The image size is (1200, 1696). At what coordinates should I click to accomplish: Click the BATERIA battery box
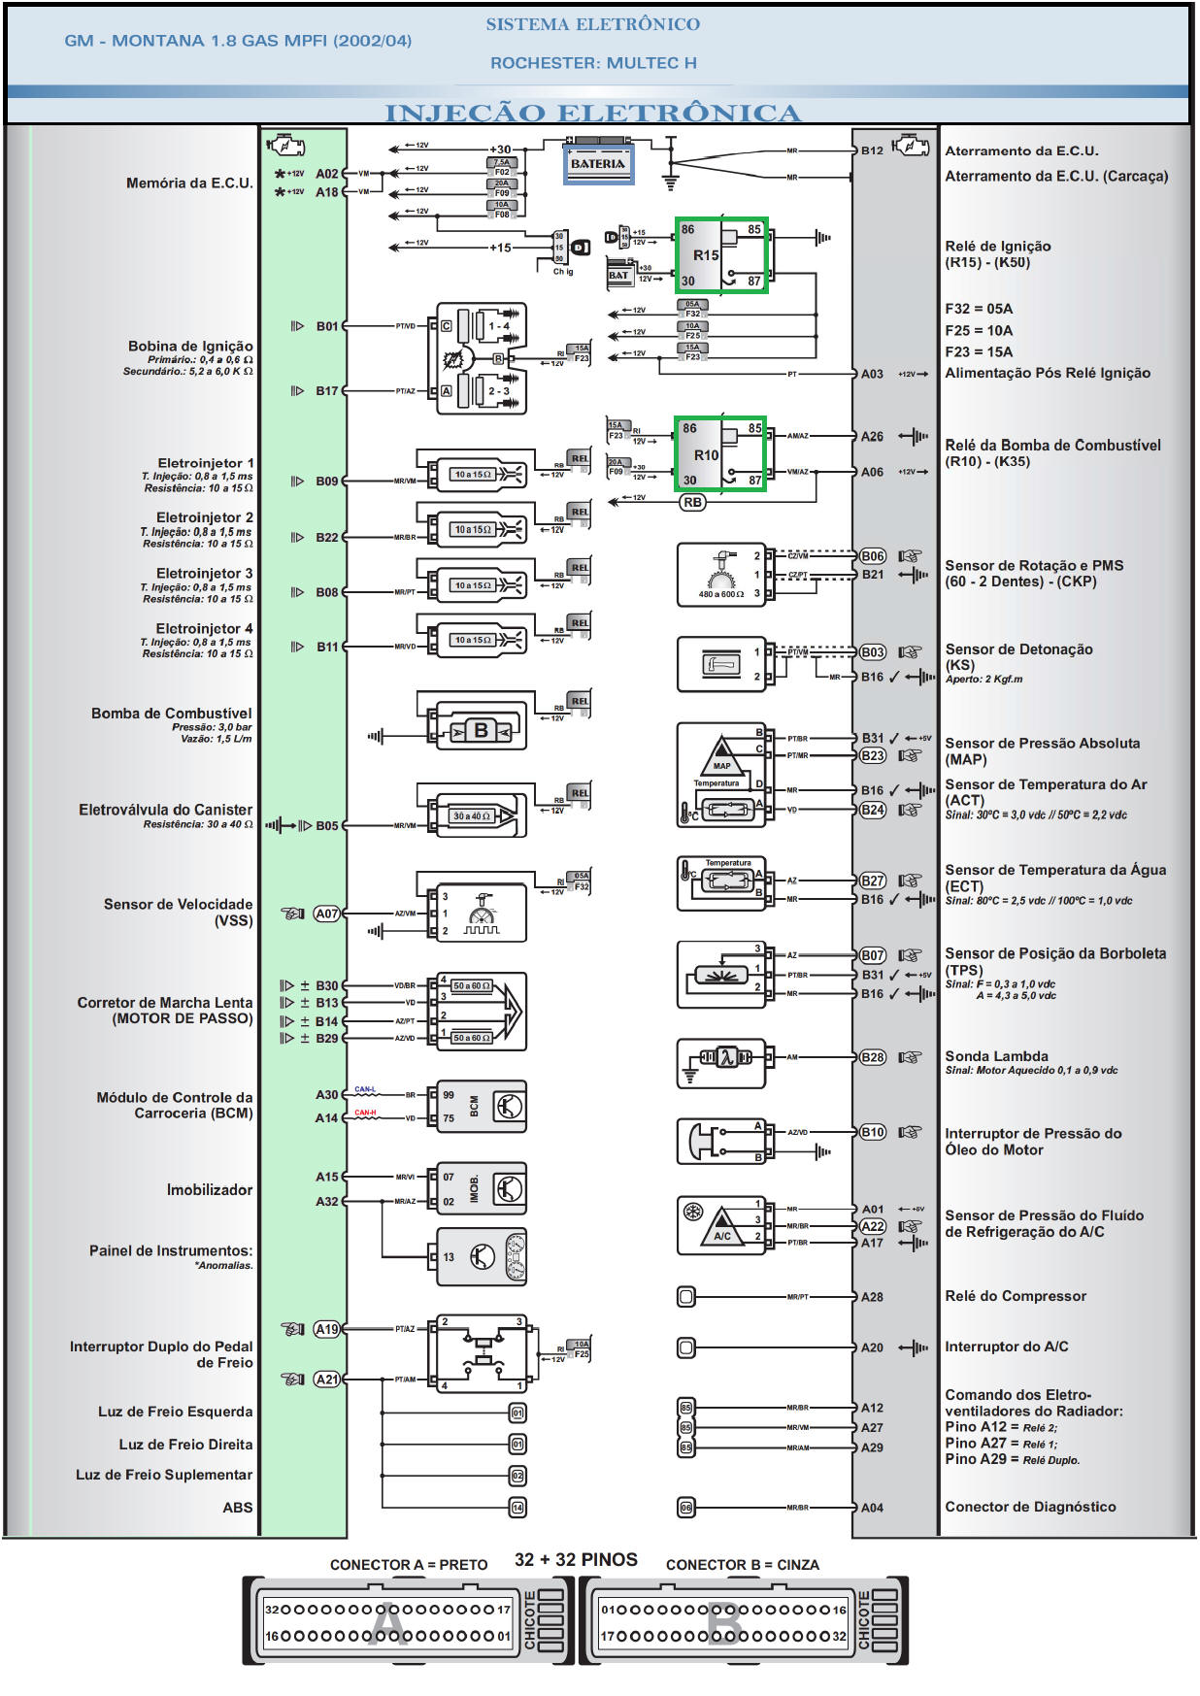[x=598, y=164]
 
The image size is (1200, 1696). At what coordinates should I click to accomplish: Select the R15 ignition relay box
[x=721, y=255]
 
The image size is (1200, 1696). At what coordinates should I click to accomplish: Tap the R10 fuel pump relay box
[x=719, y=454]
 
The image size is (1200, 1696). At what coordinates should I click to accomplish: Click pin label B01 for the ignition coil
[x=327, y=326]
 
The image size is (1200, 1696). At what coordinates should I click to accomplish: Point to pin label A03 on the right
[x=872, y=374]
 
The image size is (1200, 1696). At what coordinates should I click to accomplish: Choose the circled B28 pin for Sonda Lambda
[x=872, y=1057]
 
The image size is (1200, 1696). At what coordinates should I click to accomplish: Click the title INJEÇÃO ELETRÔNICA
[x=592, y=113]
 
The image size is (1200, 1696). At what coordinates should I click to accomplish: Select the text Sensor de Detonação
[x=1018, y=649]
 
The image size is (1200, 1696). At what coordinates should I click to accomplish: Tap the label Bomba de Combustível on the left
[x=171, y=714]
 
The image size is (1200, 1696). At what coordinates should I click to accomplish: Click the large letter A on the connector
[x=387, y=1624]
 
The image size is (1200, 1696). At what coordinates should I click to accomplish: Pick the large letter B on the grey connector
[x=724, y=1624]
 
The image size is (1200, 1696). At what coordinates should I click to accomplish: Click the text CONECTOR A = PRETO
[x=408, y=1565]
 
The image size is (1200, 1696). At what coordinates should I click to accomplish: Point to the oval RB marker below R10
[x=691, y=503]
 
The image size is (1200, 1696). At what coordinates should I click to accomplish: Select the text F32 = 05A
[x=979, y=309]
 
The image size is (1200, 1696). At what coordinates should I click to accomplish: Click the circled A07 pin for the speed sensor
[x=327, y=914]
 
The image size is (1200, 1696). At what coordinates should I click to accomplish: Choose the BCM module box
[x=482, y=1107]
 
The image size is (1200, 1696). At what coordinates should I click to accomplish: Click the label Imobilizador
[x=209, y=1190]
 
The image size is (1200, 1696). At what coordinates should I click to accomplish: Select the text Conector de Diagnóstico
[x=1030, y=1507]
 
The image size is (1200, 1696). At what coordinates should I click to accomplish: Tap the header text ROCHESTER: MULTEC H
[x=593, y=63]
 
